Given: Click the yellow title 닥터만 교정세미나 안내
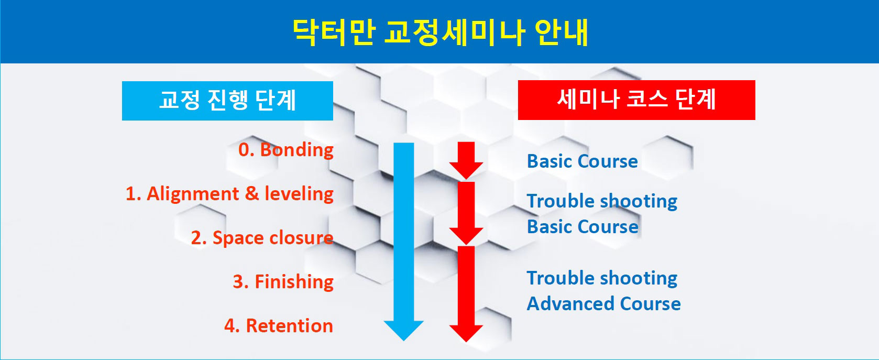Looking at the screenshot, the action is [x=440, y=32].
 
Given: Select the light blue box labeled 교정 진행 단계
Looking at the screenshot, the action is [x=227, y=101].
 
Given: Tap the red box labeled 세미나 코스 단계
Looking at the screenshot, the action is [x=636, y=100].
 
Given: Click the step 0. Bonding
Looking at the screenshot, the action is [x=286, y=150].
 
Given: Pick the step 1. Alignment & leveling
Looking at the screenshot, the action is [x=229, y=194].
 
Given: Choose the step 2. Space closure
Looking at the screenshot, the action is [x=262, y=238].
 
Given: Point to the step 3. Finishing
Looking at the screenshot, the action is [x=283, y=282].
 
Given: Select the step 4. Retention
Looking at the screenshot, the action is [x=279, y=326].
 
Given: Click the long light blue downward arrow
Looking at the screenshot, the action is [x=404, y=242].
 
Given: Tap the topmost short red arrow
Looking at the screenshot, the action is [x=466, y=160].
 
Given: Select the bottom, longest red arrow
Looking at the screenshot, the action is [x=466, y=294].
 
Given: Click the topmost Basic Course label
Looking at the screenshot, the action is [x=583, y=161].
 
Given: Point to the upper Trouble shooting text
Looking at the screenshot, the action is [x=602, y=201].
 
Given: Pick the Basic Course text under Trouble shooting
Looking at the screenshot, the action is [x=583, y=227].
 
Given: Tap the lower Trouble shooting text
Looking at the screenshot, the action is [x=602, y=278].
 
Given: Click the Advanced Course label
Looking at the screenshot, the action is [x=603, y=304].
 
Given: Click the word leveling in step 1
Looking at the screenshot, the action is [x=299, y=194].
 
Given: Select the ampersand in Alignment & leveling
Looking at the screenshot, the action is [x=251, y=194].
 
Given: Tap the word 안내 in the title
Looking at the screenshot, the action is [x=561, y=32].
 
